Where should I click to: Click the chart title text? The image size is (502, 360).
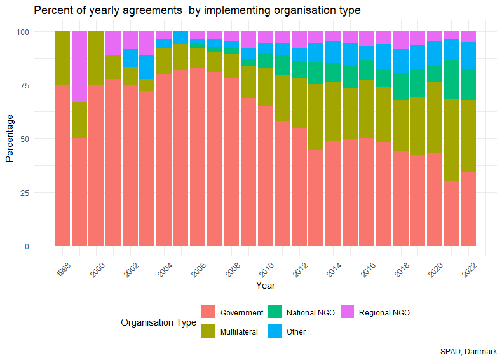tap(197, 11)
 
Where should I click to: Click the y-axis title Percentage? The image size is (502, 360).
tap(10, 139)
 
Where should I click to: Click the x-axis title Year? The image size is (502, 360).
tap(265, 286)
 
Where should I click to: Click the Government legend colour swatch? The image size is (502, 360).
tap(208, 312)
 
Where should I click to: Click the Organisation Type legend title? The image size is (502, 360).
tap(158, 322)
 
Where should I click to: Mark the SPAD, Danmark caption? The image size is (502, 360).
tap(468, 351)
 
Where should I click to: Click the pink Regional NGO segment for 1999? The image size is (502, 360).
tap(79, 67)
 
